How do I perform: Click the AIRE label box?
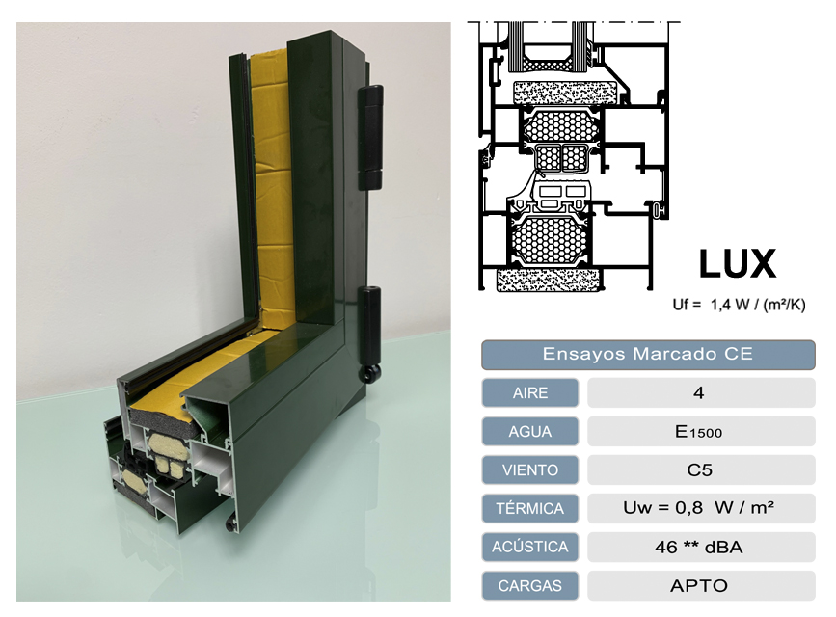(x=529, y=392)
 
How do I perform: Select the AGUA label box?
(x=529, y=431)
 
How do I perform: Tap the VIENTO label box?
(x=529, y=469)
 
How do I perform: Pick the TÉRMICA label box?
(x=529, y=508)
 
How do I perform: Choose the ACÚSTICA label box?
(x=529, y=547)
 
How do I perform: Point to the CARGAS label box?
(x=529, y=585)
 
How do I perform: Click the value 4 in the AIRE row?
(x=699, y=392)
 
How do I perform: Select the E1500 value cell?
(x=699, y=431)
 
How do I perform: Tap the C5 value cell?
(x=699, y=469)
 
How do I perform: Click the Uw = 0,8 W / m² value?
(x=699, y=508)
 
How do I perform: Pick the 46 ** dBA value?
(x=699, y=547)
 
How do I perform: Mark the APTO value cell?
(x=699, y=585)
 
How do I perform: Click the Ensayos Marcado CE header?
(x=648, y=354)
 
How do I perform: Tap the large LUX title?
(x=737, y=263)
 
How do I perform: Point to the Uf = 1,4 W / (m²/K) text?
(x=739, y=305)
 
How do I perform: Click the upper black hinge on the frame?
(x=370, y=135)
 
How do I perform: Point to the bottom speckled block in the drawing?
(x=547, y=280)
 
